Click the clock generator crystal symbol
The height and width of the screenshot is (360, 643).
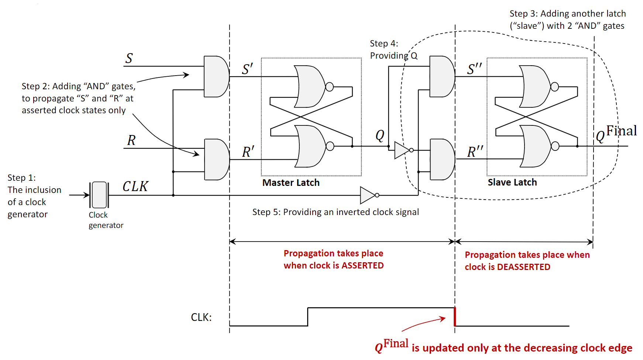click(x=99, y=195)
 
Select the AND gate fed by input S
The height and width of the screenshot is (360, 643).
click(x=216, y=76)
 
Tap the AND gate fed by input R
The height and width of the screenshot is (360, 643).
click(x=216, y=159)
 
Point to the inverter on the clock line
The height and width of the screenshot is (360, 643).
click(x=368, y=195)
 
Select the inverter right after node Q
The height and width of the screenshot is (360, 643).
click(x=402, y=150)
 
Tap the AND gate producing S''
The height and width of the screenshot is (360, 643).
click(x=442, y=76)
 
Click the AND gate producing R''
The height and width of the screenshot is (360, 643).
click(x=442, y=159)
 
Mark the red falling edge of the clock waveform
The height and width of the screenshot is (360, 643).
click(x=455, y=317)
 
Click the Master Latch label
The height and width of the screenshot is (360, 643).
click(x=291, y=183)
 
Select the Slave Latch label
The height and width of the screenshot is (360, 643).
click(x=512, y=182)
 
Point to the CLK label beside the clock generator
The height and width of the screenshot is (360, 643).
click(x=135, y=186)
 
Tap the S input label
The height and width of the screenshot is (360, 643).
click(x=129, y=58)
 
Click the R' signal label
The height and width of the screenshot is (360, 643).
click(x=248, y=152)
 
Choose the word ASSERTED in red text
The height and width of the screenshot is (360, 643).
click(x=362, y=266)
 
